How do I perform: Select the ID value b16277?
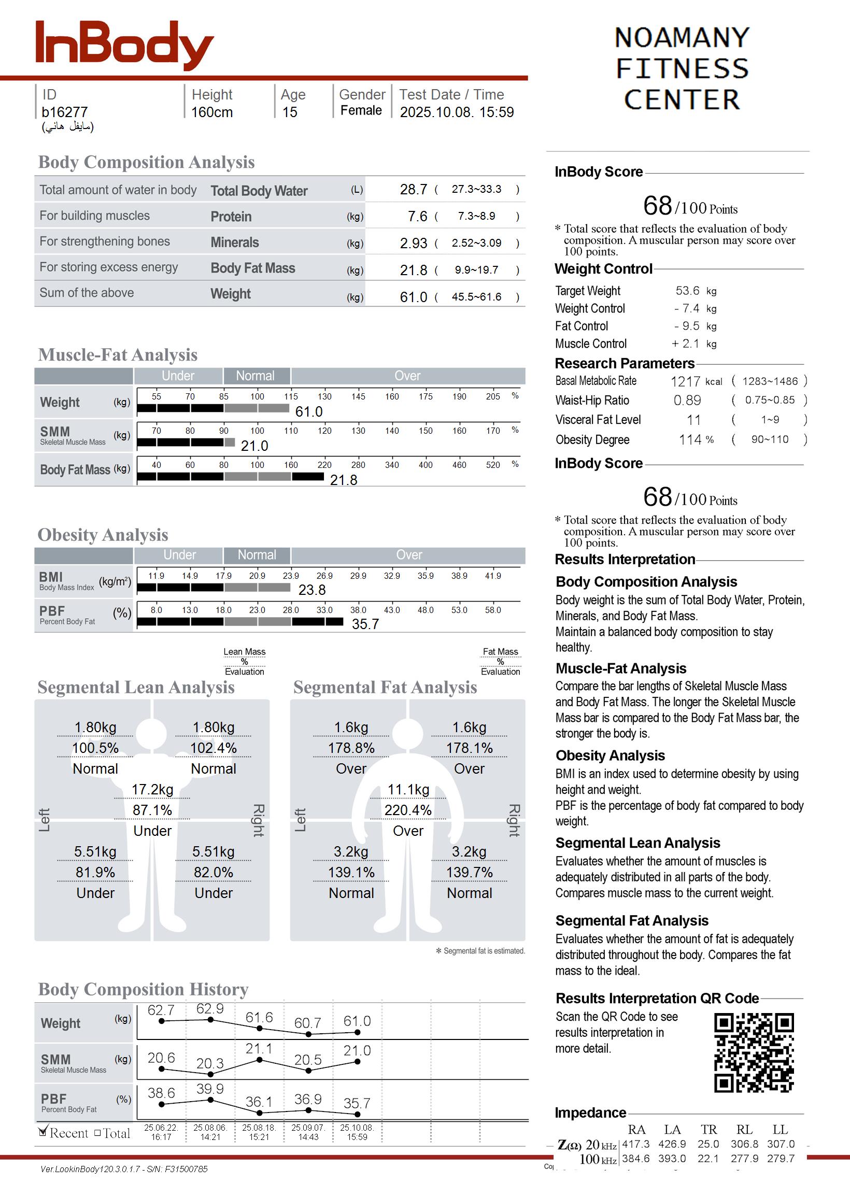64,112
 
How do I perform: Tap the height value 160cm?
211,112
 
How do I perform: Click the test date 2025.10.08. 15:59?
457,112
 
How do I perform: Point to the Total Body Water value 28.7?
413,189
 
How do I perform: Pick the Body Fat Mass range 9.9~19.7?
476,270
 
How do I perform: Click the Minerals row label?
234,243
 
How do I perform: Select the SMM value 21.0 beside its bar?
254,446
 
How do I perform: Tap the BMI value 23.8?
311,590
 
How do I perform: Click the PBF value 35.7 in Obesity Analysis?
365,623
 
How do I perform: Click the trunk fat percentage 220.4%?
408,810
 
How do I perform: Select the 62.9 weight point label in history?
210,1008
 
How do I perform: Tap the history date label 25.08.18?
259,1128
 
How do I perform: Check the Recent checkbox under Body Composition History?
44,1132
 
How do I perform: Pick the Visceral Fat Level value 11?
693,420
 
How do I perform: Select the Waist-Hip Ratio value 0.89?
687,400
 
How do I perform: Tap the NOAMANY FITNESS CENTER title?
682,68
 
